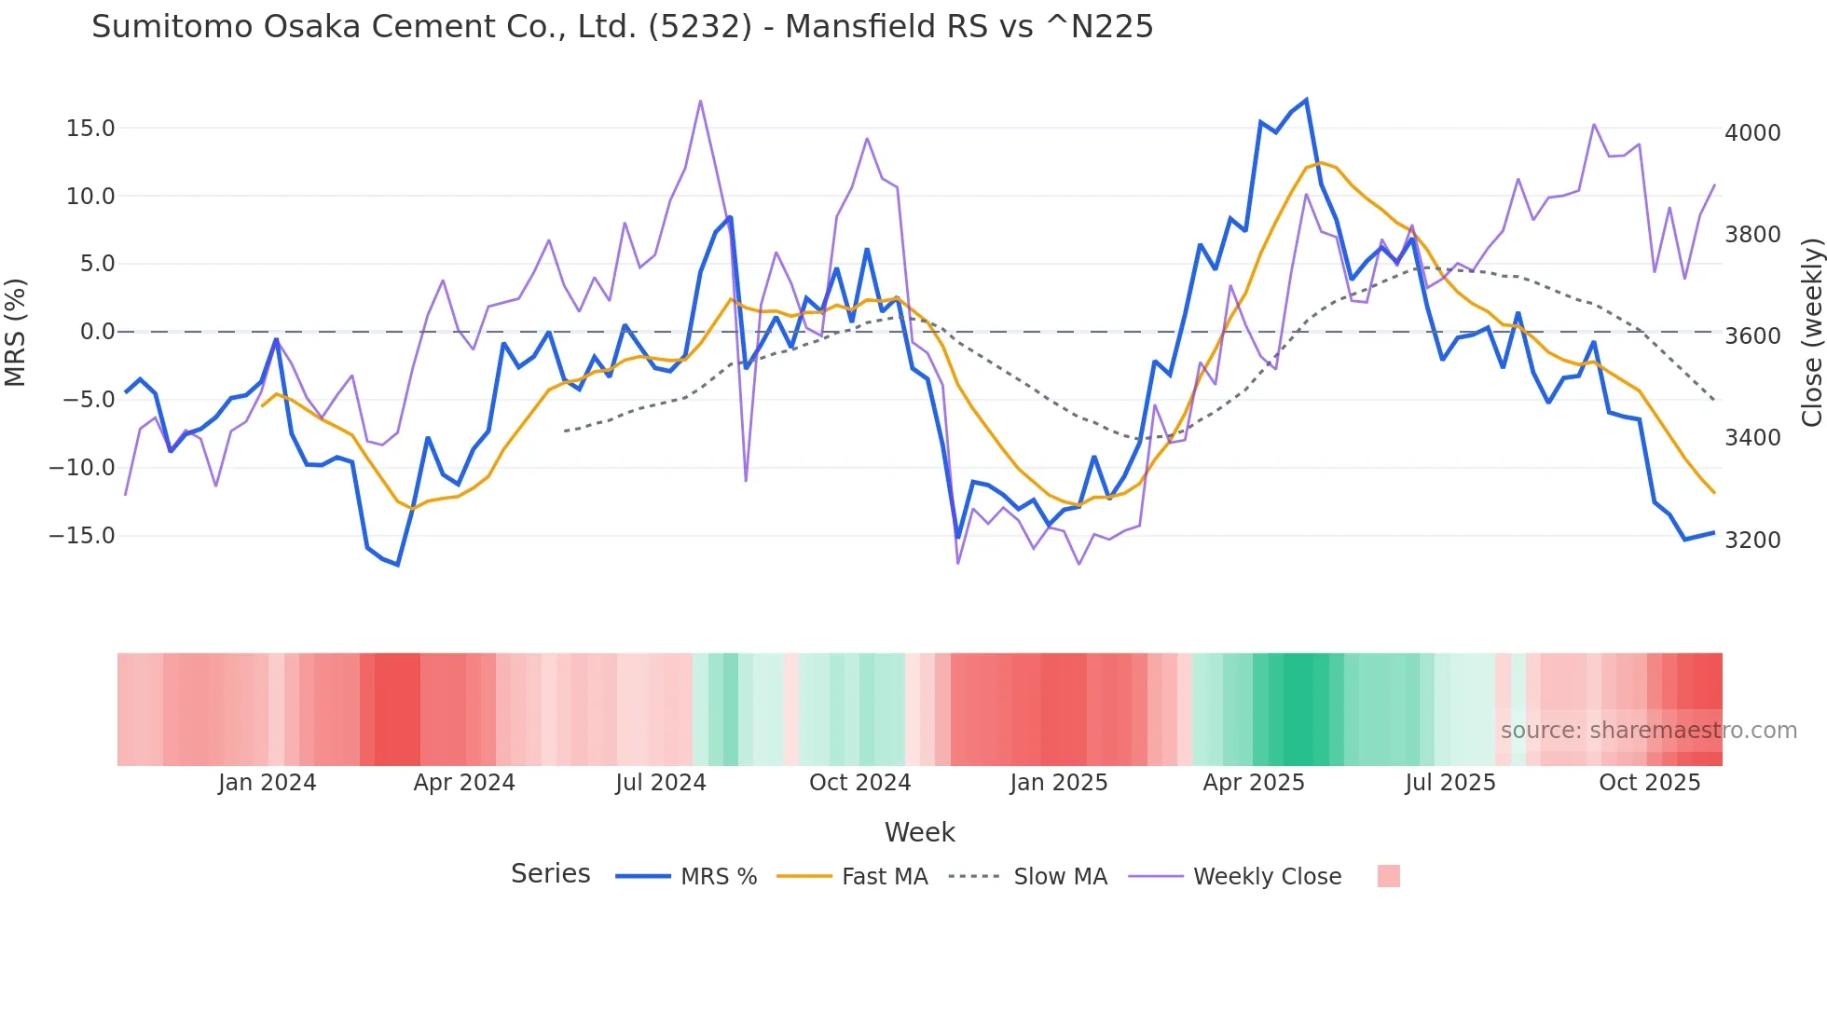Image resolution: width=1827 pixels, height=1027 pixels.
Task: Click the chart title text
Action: [x=622, y=26]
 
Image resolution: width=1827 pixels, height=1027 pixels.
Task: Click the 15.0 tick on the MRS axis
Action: [x=90, y=129]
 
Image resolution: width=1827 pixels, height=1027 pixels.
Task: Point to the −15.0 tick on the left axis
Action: [x=82, y=536]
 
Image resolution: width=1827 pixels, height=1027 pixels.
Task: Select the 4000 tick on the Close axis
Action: [x=1752, y=133]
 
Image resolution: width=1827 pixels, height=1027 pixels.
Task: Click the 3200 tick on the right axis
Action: [x=1752, y=541]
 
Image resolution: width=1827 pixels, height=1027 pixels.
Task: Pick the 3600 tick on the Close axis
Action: [x=1752, y=336]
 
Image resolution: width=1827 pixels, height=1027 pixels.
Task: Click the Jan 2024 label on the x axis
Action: [x=268, y=783]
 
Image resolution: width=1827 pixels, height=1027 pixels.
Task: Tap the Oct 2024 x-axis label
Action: [x=859, y=783]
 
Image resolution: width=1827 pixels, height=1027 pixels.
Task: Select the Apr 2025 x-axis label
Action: [x=1254, y=783]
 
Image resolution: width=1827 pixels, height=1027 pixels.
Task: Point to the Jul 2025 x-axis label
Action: [x=1450, y=783]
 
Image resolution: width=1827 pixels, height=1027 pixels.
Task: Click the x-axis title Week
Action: [x=919, y=832]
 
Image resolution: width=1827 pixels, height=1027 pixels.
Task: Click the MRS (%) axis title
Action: [x=16, y=332]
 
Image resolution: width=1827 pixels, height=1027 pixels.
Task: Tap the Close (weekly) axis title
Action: [x=1811, y=332]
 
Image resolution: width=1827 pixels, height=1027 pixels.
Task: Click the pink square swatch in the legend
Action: [x=1388, y=876]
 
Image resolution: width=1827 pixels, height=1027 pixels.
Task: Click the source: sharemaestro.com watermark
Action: [x=1648, y=731]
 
